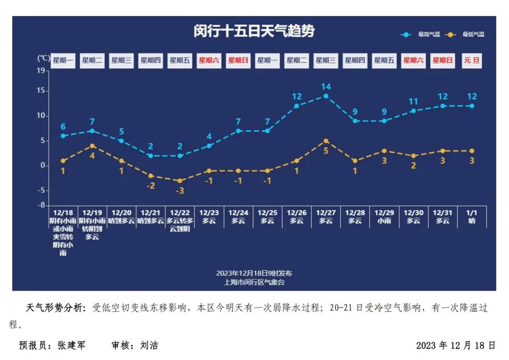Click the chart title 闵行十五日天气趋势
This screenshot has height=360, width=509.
coord(254,32)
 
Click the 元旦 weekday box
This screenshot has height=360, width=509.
coord(472,60)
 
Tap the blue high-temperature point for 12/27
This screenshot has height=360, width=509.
coord(326,96)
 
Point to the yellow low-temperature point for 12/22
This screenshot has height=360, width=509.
coord(180,180)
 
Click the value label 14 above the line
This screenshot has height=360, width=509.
coord(326,87)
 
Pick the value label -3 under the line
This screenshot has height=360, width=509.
coord(180,190)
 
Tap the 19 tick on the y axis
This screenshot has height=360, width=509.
coord(41,71)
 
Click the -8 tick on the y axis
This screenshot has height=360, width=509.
coord(41,205)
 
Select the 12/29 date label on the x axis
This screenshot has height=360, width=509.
coord(384,213)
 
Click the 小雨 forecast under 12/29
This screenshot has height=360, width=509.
coord(384,221)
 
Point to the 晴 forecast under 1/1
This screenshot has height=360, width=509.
coord(472,221)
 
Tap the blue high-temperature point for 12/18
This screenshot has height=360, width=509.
coord(63,136)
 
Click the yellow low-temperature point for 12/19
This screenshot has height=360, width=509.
coord(92,146)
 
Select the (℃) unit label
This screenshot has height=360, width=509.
coord(43,58)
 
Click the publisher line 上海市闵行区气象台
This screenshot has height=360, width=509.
coord(254,282)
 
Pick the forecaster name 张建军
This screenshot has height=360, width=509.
coord(72,345)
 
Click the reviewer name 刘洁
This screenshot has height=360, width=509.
coord(149,345)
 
